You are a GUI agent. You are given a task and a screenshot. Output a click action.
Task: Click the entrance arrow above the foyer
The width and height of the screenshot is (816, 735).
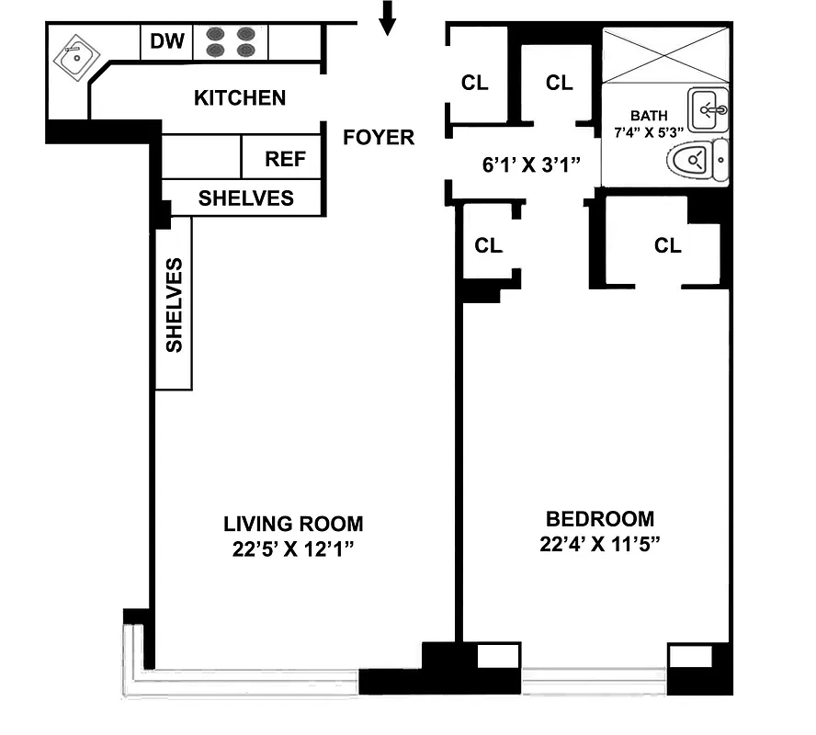point(388,17)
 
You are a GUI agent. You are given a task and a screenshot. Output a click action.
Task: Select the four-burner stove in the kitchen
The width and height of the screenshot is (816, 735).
point(231,42)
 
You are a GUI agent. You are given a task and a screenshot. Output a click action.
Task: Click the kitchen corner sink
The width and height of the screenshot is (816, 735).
point(72,57)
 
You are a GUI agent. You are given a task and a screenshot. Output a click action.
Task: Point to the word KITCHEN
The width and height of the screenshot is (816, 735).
point(240,97)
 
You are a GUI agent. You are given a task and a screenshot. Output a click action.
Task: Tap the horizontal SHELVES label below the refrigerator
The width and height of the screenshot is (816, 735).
point(246,198)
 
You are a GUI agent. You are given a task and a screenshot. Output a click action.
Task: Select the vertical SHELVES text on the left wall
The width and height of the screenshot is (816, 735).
point(174,304)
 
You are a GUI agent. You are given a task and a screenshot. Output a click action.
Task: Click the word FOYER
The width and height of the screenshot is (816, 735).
point(379,138)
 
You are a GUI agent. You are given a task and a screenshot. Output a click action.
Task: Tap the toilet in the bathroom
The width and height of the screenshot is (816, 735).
point(697,162)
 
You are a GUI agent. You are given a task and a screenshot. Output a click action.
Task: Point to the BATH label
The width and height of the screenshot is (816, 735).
point(646,116)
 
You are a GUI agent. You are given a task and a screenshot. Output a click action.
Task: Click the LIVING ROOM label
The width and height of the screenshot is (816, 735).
point(293,524)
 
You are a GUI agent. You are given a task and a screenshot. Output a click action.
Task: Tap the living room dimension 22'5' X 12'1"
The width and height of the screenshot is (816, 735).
point(293,548)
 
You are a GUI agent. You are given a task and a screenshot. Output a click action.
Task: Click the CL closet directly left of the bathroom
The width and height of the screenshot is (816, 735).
point(559,83)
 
